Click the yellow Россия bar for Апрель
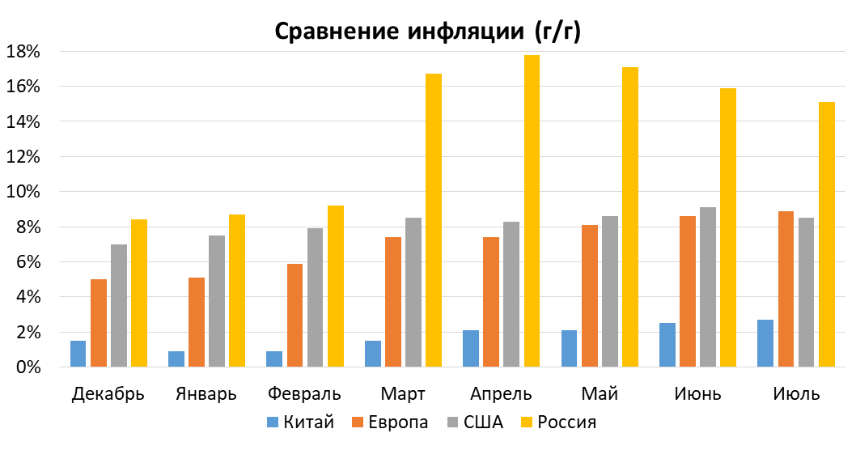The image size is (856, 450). click(x=532, y=211)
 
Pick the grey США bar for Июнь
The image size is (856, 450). click(x=708, y=287)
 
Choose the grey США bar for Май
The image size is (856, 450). click(x=610, y=291)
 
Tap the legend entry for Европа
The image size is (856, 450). click(x=390, y=422)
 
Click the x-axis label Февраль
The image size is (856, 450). click(x=304, y=395)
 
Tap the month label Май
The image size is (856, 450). click(x=600, y=395)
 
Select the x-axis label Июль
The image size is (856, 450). click(x=796, y=395)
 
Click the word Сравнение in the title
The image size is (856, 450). click(x=333, y=32)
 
